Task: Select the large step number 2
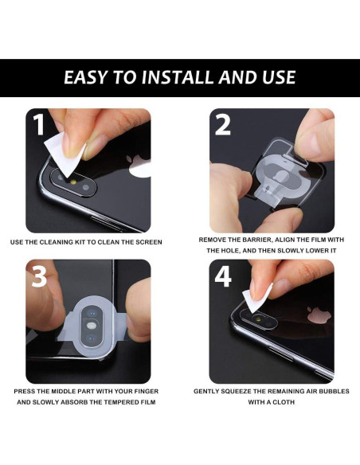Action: (x=223, y=125)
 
